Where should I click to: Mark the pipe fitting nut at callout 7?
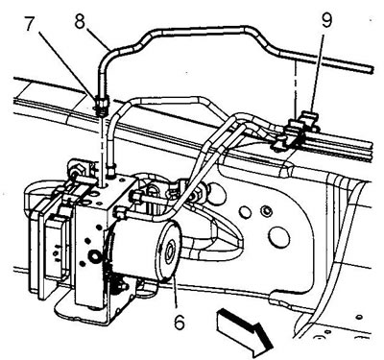(x=101, y=104)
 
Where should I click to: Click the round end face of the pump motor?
(x=168, y=251)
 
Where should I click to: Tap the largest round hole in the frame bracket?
(x=279, y=237)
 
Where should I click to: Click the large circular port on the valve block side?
(x=95, y=256)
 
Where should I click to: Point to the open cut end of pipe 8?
(x=372, y=69)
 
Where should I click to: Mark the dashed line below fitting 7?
(x=103, y=148)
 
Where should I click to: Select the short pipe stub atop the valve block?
(x=110, y=169)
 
